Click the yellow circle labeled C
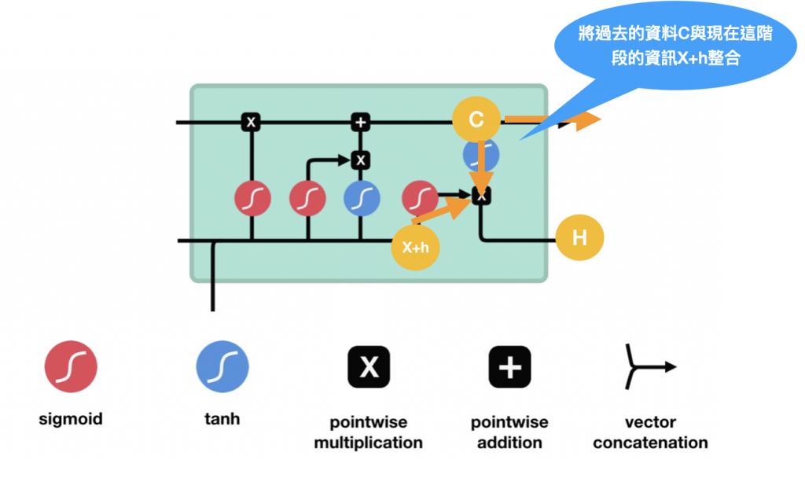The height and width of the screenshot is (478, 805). [x=476, y=120]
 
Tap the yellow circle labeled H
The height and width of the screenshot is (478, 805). [x=579, y=237]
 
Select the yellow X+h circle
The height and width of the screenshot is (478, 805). [x=415, y=247]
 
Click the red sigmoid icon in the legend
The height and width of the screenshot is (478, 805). [x=71, y=366]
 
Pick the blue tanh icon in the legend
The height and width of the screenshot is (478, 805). [x=222, y=366]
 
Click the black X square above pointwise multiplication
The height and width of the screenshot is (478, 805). [x=369, y=366]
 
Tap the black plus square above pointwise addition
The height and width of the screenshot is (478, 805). [x=509, y=366]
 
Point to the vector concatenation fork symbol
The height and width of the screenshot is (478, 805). [x=649, y=366]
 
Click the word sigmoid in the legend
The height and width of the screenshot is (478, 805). [x=71, y=420]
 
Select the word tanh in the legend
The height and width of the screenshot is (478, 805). [x=222, y=420]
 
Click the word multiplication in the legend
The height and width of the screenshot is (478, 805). [x=368, y=443]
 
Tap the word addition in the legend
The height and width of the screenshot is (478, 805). [x=509, y=443]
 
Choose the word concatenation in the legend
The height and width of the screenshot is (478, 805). [x=650, y=443]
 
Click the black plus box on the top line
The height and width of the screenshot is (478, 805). [x=360, y=122]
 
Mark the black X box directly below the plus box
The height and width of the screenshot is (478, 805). [x=360, y=160]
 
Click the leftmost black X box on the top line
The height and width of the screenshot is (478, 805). [x=251, y=122]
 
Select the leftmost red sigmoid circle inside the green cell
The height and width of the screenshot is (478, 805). [x=252, y=198]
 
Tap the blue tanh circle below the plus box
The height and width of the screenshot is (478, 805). [x=360, y=198]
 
